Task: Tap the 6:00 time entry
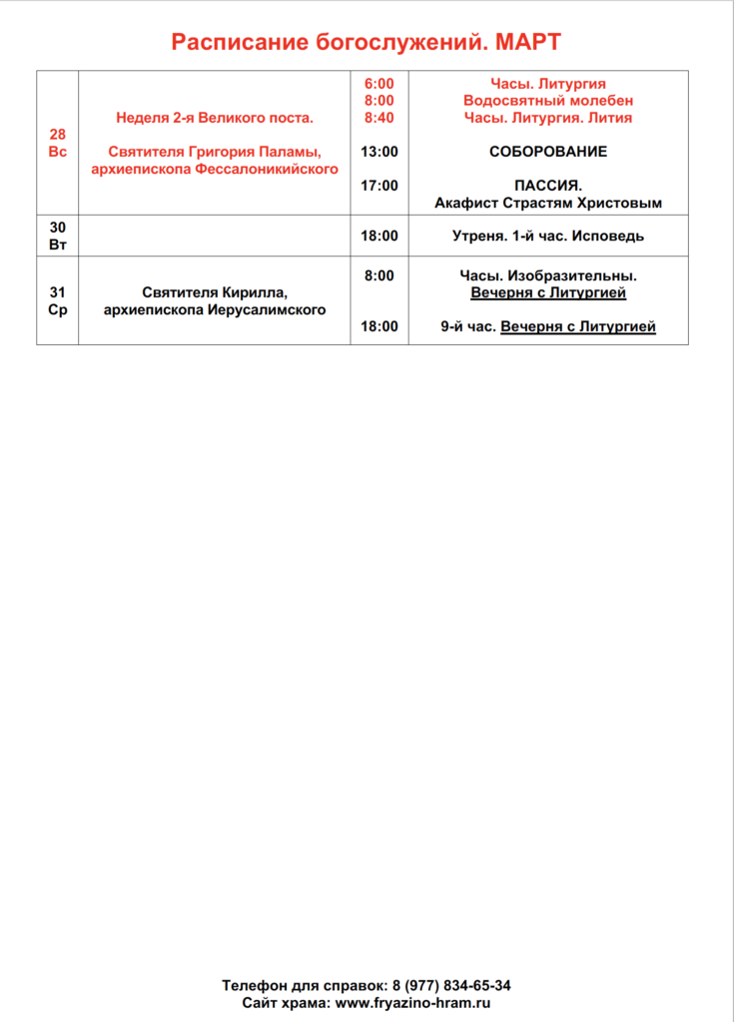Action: click(378, 84)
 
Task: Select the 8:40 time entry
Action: click(378, 118)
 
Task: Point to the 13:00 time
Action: click(378, 152)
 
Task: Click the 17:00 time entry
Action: click(378, 186)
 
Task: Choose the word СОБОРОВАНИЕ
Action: click(547, 152)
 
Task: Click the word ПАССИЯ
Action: click(547, 186)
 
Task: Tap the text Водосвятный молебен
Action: click(547, 101)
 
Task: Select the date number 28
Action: click(58, 135)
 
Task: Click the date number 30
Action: click(58, 228)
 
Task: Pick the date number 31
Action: click(58, 292)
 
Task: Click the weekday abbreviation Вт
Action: click(58, 245)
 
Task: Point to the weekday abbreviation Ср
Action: click(58, 309)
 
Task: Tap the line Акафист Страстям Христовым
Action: click(547, 203)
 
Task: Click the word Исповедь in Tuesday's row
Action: click(608, 237)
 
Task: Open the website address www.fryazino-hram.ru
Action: click(413, 1002)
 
